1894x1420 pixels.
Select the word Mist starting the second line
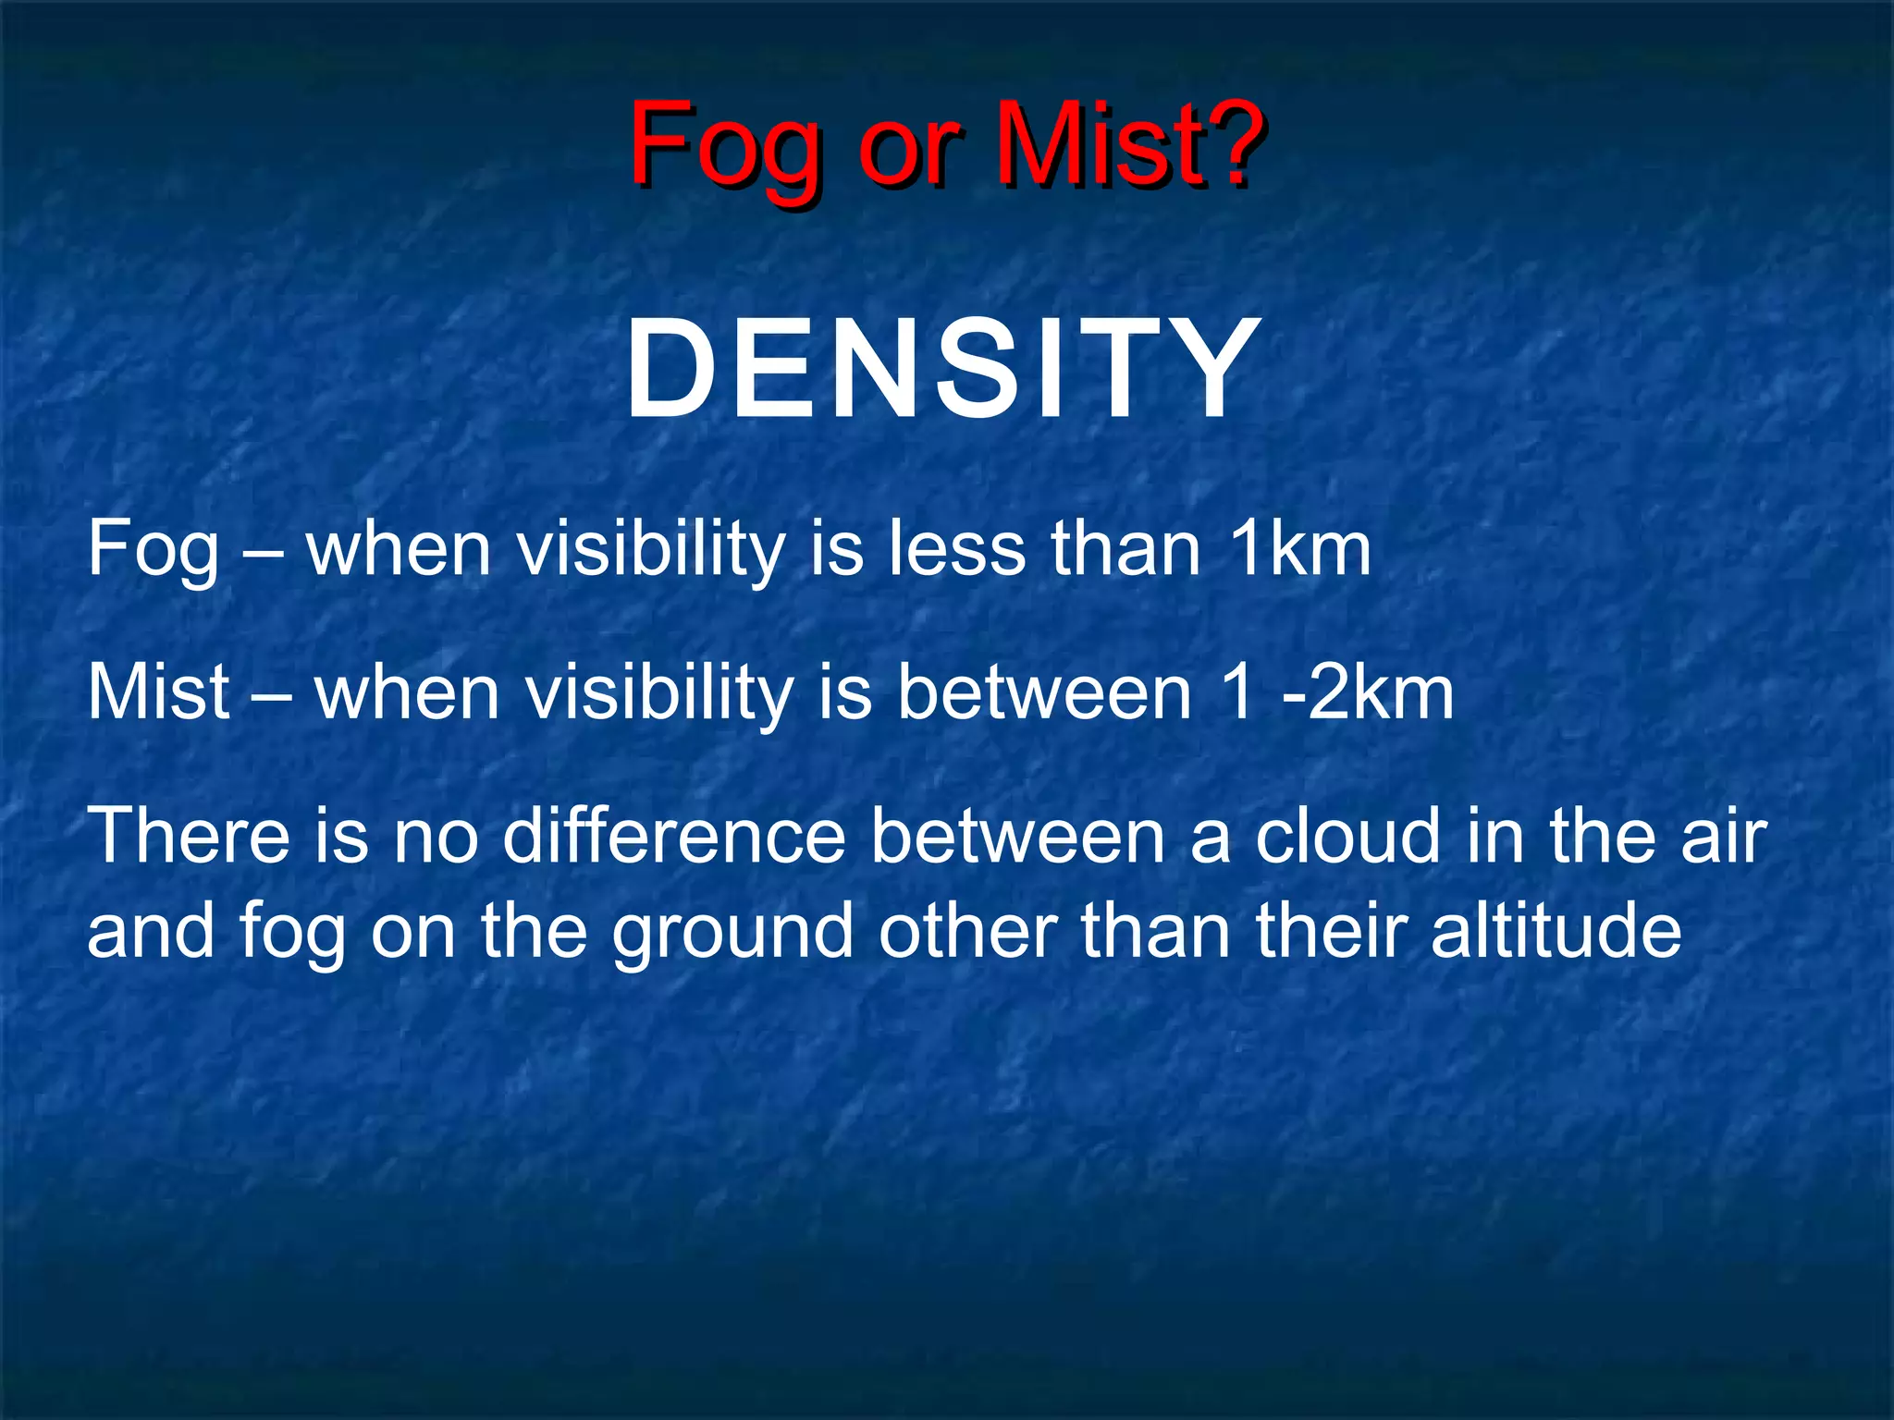(x=158, y=692)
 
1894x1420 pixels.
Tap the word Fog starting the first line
(x=153, y=551)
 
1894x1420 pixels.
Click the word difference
(x=673, y=836)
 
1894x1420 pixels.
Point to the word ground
(x=732, y=934)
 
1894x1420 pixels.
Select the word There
(x=189, y=836)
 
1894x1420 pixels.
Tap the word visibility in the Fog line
(x=650, y=551)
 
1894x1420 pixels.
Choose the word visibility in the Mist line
(x=659, y=694)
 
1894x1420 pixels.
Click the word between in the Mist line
(x=1045, y=692)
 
